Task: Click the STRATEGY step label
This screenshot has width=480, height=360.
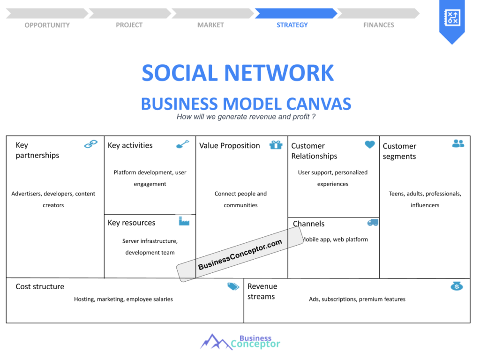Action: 292,25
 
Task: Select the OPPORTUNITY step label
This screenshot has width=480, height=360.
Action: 47,25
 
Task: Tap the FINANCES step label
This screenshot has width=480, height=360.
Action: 379,25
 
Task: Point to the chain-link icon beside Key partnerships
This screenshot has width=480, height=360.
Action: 90,144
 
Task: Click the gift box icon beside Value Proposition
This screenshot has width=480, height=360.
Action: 276,144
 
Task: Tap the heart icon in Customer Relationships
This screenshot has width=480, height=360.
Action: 370,144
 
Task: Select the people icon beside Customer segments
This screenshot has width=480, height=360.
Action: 458,143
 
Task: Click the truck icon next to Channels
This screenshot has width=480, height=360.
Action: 373,223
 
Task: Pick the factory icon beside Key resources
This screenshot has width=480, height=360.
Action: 184,221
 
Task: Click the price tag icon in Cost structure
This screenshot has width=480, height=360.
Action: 233,286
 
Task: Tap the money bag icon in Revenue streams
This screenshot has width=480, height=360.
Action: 457,286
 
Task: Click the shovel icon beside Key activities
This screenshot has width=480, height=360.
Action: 183,144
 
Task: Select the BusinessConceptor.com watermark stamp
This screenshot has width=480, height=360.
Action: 240,254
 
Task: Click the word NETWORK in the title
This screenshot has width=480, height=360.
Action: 279,73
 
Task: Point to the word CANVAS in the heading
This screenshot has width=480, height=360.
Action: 319,104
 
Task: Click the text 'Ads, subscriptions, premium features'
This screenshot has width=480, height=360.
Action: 357,299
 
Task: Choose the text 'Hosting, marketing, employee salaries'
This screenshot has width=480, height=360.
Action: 123,299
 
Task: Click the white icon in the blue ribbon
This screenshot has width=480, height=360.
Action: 452,17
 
